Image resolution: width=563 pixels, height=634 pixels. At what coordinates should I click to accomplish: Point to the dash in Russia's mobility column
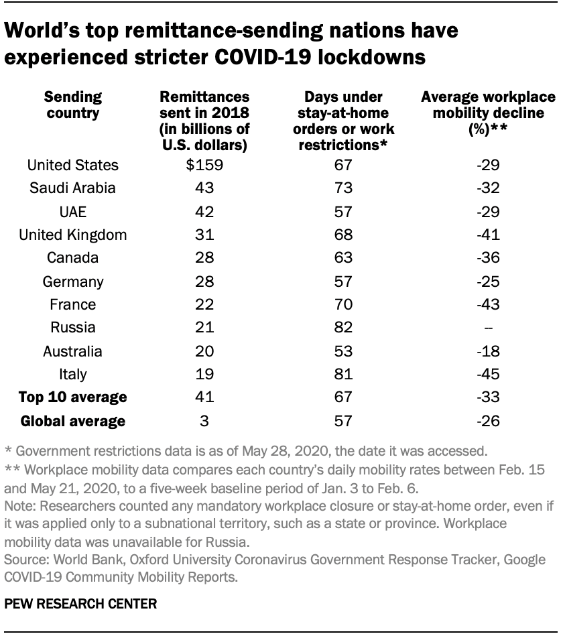[487, 328]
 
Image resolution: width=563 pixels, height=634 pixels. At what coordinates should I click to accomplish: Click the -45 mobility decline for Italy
[487, 374]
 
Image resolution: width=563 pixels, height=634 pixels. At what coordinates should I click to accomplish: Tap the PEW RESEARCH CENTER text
[81, 603]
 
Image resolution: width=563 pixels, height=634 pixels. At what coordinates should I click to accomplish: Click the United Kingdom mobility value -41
[487, 235]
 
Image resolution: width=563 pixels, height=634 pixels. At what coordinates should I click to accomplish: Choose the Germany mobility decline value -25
[487, 281]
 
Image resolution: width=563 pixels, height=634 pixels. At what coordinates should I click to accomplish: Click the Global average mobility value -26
[487, 421]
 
